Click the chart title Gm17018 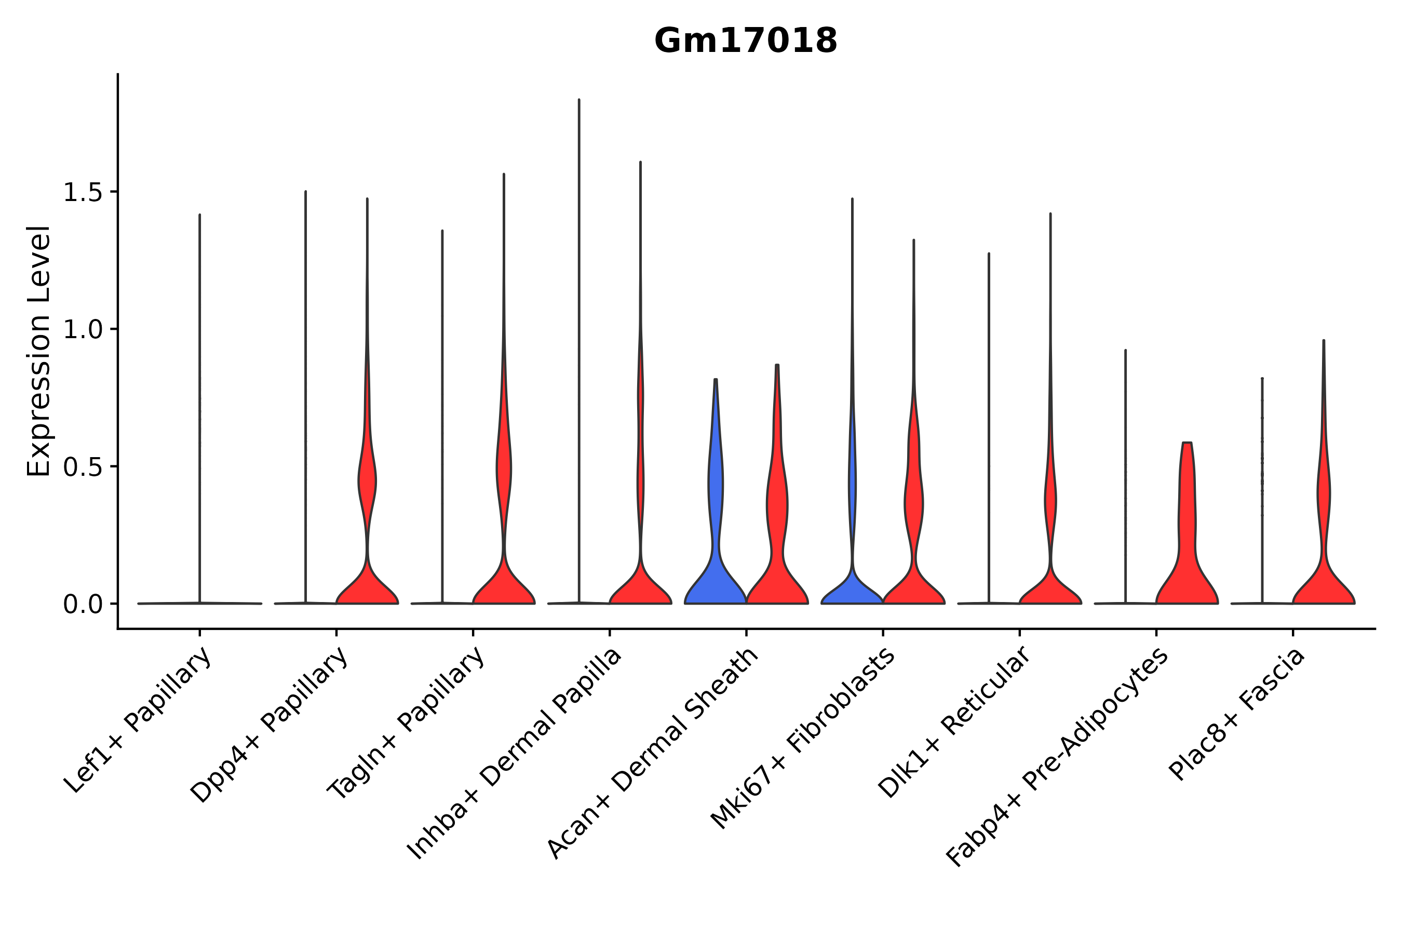tap(745, 41)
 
